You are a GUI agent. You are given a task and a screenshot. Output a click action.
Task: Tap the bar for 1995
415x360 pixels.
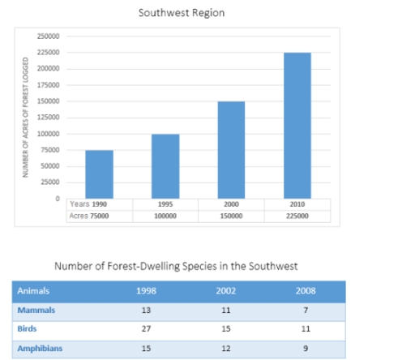(165, 165)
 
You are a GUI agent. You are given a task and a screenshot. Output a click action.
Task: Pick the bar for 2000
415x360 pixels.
(231, 149)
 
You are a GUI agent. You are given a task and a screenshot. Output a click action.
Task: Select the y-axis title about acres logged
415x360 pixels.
(27, 118)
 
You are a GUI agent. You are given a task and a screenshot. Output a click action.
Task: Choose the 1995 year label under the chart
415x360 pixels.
(165, 205)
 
